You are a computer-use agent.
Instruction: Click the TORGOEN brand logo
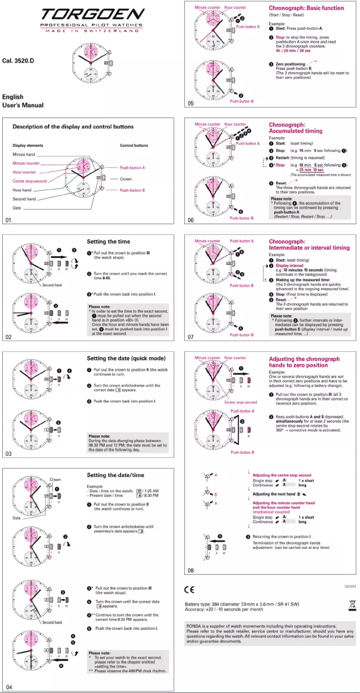tap(92, 15)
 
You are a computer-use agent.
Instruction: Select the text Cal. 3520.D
tap(18, 61)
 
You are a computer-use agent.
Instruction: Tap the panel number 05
tap(191, 104)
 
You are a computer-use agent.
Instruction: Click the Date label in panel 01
tap(17, 208)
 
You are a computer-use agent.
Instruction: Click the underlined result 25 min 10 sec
tap(311, 170)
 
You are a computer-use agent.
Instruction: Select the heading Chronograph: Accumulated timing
tap(295, 127)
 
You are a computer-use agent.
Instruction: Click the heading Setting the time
tap(108, 241)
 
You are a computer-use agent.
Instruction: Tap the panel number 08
tap(191, 570)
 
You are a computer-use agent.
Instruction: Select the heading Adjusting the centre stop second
tap(281, 475)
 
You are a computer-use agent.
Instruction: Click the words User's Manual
tap(23, 105)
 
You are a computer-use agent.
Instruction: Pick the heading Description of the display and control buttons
tap(73, 127)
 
